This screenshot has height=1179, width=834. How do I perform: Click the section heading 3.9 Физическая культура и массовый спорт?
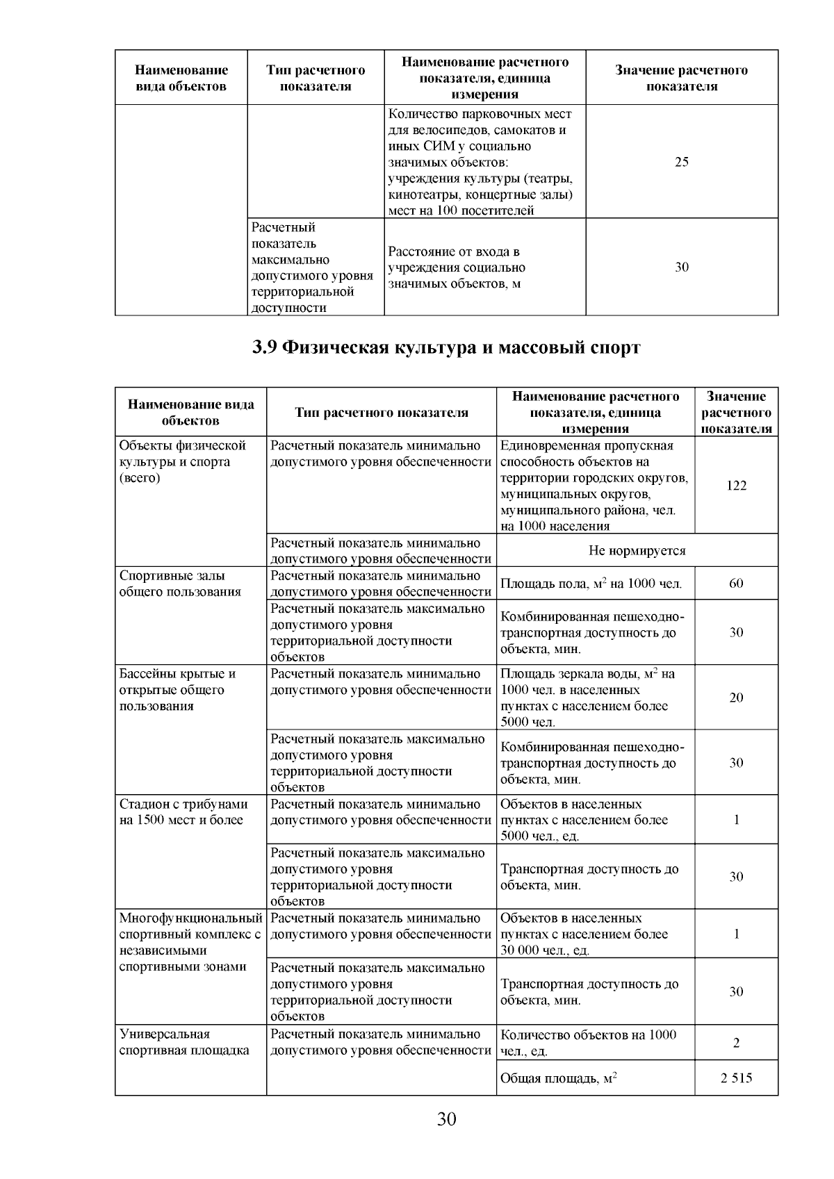445,347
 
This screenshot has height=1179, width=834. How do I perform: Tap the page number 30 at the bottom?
446,1120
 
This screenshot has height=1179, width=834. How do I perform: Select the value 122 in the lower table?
736,486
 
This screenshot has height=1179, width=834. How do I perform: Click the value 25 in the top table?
681,162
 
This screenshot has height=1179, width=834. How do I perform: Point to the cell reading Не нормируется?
637,551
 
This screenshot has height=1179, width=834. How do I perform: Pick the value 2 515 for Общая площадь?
736,1079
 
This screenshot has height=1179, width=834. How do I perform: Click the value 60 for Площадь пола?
736,584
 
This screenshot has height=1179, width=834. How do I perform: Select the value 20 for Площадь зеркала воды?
736,698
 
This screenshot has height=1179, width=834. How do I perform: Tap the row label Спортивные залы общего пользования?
180,584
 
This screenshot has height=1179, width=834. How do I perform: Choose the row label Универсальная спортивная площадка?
184,1042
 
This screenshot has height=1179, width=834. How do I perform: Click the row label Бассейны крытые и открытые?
177,690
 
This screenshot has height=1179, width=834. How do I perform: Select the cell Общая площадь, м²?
559,1079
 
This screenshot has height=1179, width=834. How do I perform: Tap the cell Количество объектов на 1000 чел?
588,1043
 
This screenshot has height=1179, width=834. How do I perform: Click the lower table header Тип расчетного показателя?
381,413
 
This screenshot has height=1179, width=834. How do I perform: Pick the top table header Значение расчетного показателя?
681,78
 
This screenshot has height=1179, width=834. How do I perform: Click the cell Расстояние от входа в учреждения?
457,267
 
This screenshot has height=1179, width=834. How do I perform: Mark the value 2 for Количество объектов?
736,1043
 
